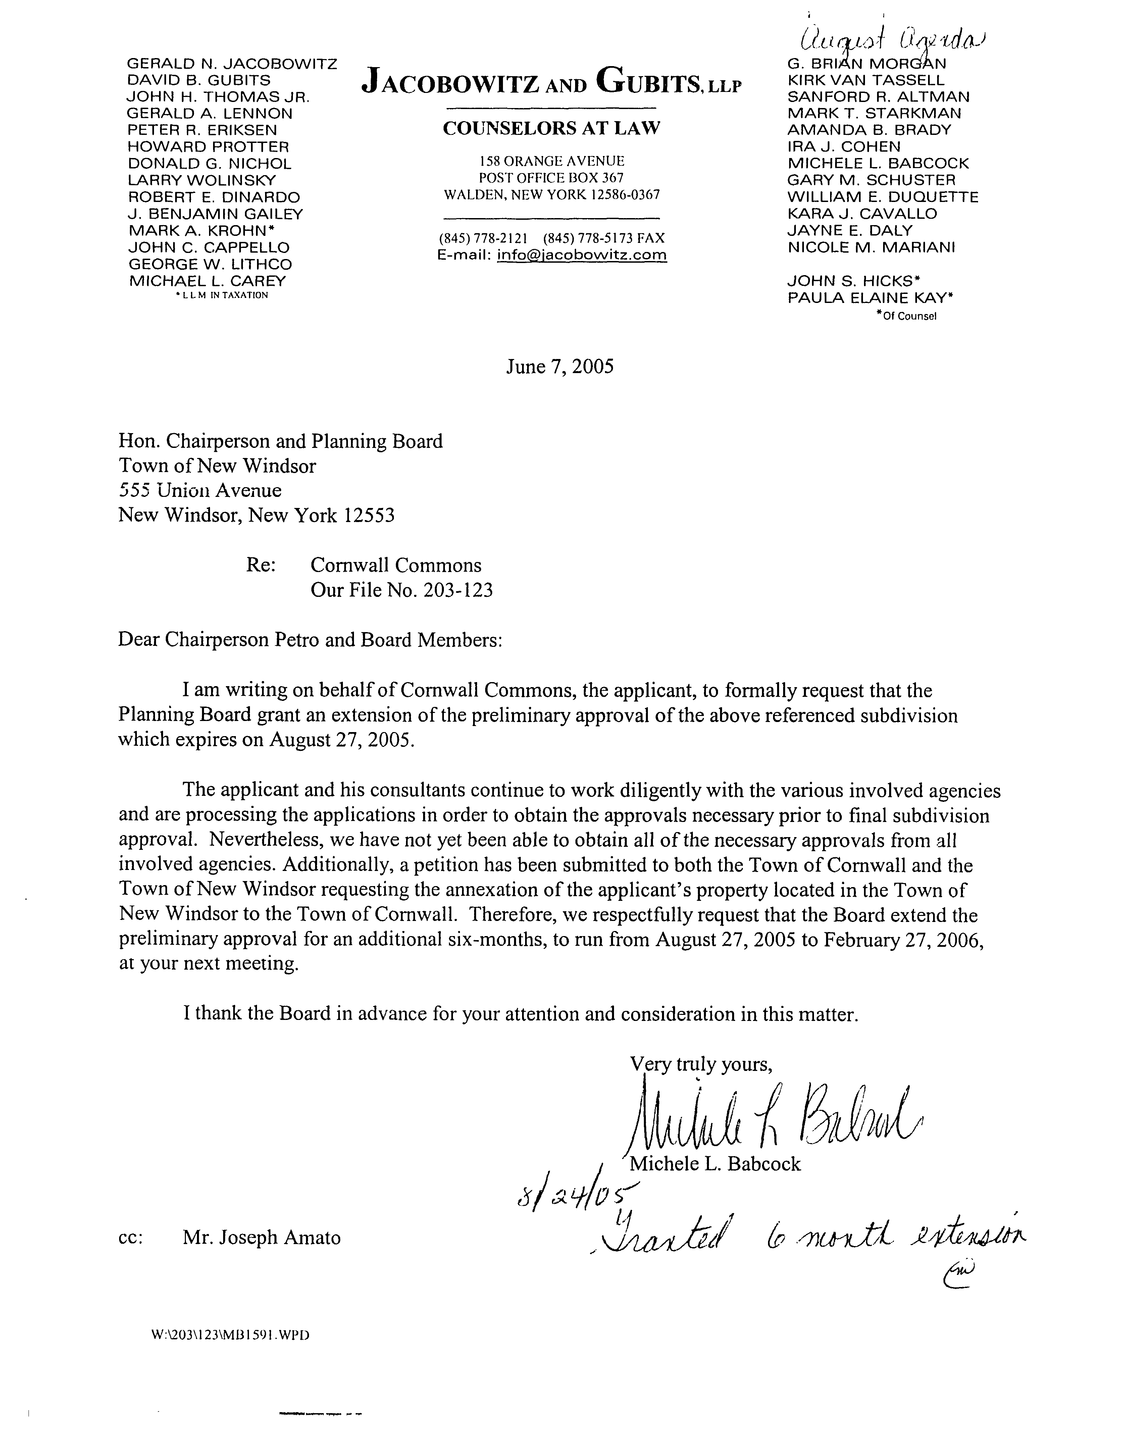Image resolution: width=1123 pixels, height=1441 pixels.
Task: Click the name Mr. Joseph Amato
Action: click(x=261, y=1238)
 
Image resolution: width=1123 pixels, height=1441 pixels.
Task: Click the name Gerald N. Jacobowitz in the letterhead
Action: click(x=232, y=64)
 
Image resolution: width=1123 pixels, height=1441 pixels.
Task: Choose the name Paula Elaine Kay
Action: click(x=870, y=298)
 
